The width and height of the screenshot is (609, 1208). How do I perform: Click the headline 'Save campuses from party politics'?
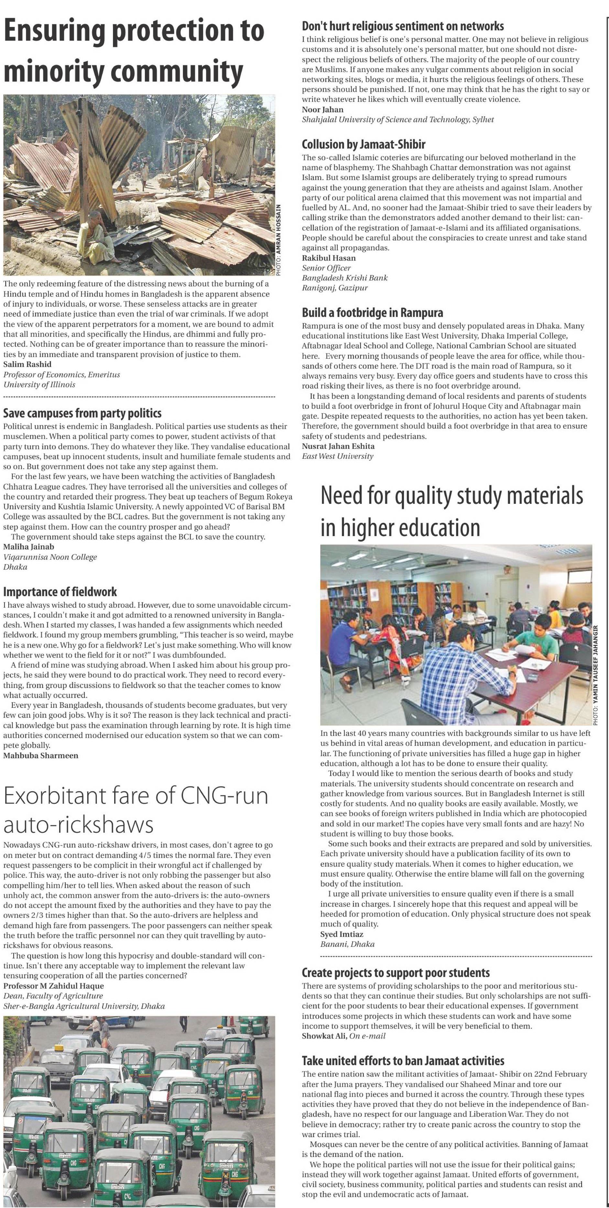[x=82, y=413]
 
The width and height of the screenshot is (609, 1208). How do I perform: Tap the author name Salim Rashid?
[x=27, y=364]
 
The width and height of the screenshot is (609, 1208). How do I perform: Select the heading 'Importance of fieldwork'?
[x=60, y=591]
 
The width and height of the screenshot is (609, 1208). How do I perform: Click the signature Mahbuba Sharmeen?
[x=41, y=755]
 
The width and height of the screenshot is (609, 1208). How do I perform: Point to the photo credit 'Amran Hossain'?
[x=279, y=239]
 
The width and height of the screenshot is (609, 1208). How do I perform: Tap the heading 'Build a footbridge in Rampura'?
[x=372, y=312]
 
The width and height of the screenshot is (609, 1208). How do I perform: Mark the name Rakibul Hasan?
[x=328, y=258]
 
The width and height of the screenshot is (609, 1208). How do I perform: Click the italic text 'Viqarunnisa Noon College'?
[x=50, y=556]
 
